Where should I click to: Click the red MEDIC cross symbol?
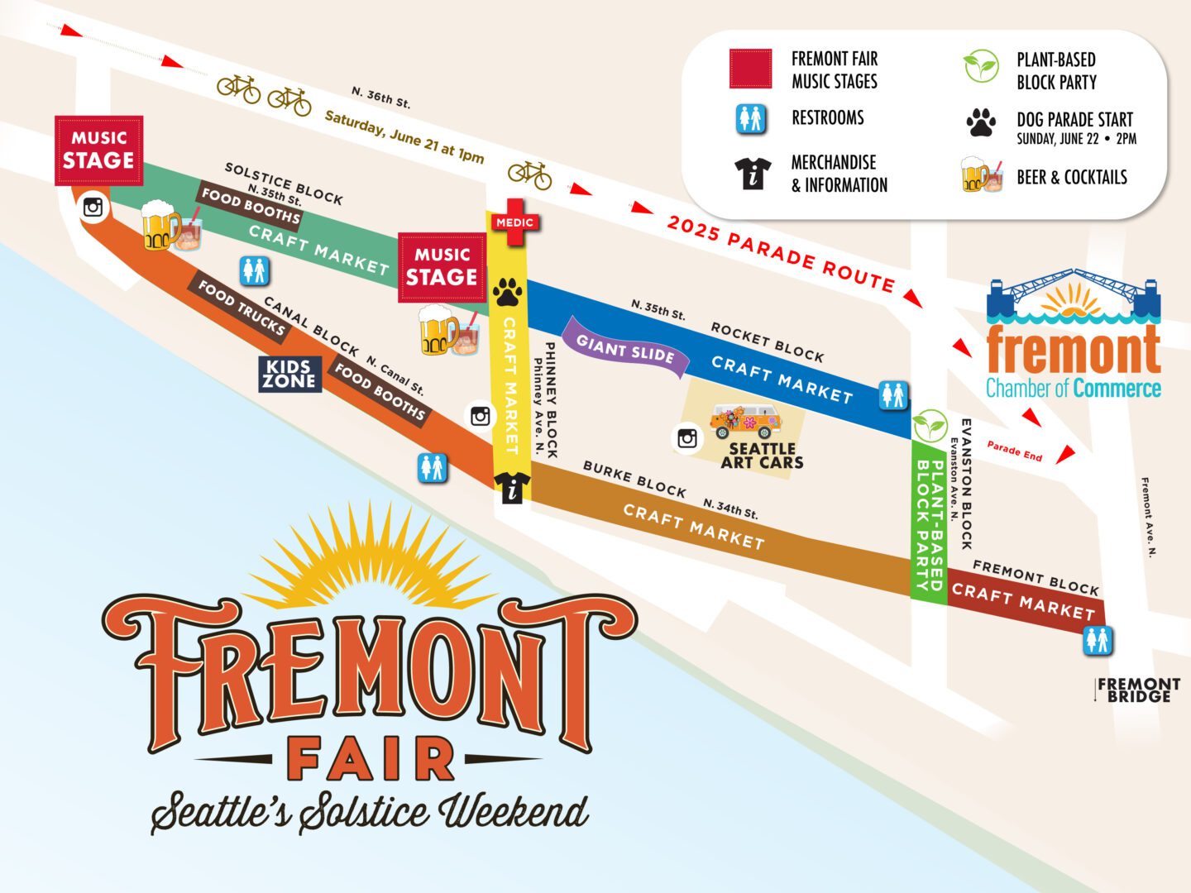coord(514,222)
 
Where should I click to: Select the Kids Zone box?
coord(289,374)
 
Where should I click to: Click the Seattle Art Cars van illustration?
coord(745,421)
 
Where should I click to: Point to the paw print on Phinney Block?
coord(507,292)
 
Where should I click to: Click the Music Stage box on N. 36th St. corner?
coord(99,150)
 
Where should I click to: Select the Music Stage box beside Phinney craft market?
coord(442,267)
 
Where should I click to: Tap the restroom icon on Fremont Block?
coord(1098,641)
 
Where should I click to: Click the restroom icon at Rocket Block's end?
coord(893,395)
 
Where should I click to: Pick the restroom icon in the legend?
coord(751,119)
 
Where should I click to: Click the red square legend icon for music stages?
coord(750,69)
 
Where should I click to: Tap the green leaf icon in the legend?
coord(981,66)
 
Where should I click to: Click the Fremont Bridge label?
coord(1138,690)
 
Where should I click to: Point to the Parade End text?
coord(1015,451)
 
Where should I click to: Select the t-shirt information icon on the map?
coord(512,488)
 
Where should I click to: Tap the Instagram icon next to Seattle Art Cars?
coord(687,438)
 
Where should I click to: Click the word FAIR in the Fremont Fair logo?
coord(370,759)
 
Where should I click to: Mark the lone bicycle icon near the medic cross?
coord(529,174)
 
